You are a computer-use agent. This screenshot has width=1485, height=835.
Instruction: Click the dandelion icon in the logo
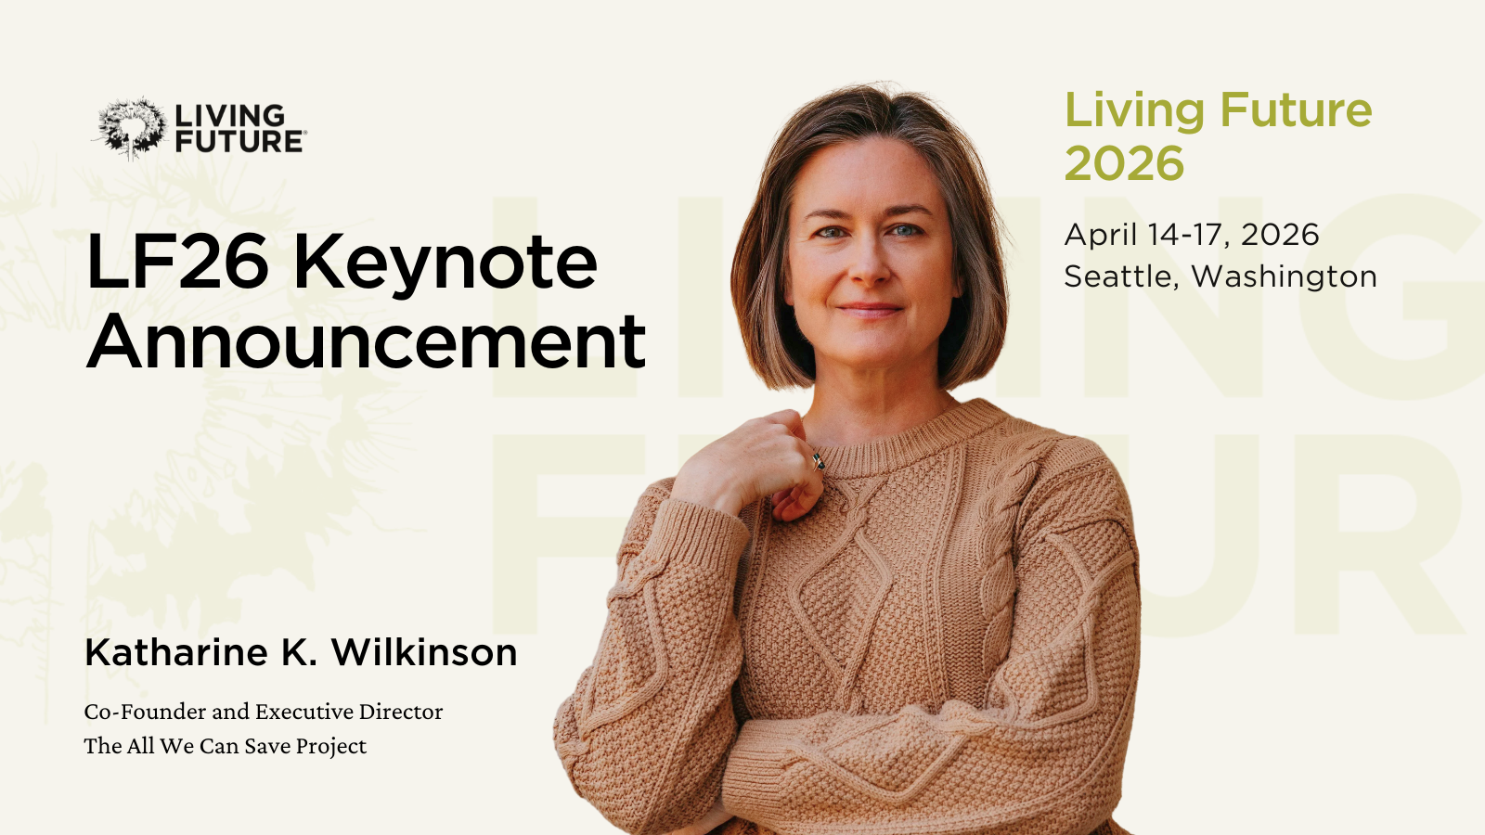[131, 127]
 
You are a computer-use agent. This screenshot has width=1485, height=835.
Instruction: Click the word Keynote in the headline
[445, 263]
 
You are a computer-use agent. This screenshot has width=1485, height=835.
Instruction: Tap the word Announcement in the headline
[366, 341]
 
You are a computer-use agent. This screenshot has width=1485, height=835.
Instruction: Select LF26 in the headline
[177, 263]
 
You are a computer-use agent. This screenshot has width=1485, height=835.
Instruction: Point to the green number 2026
[1124, 164]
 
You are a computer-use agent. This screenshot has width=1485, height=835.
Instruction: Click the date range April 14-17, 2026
[1191, 235]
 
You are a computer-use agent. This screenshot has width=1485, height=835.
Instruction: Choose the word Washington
[1284, 276]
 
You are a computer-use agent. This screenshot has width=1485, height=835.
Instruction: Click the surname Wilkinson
[424, 653]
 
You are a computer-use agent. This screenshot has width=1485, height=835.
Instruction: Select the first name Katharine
[176, 653]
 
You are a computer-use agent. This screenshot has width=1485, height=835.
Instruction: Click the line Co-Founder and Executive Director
[264, 712]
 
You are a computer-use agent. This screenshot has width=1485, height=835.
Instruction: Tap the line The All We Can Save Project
[225, 746]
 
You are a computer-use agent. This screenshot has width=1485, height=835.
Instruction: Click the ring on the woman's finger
[819, 459]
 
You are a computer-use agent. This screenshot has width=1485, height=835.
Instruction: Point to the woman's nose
[869, 264]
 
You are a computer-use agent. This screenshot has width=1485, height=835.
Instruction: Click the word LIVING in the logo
[230, 116]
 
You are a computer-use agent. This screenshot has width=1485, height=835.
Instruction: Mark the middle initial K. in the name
[298, 653]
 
